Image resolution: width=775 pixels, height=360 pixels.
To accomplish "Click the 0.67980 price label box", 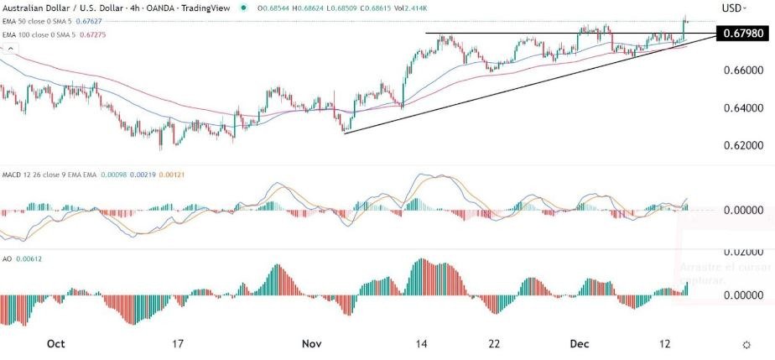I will (742, 33).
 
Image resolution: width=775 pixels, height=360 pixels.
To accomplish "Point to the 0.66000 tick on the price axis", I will (742, 71).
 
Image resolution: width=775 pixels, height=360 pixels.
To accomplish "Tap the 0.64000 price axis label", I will (742, 108).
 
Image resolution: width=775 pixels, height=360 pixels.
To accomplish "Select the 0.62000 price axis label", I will (742, 146).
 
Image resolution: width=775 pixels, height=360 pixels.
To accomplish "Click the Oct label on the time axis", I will (56, 344).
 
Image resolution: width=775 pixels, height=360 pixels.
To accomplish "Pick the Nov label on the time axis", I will (312, 344).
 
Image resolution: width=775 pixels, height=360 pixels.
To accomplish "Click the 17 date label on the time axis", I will (176, 344).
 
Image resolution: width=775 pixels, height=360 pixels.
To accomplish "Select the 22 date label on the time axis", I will (495, 344).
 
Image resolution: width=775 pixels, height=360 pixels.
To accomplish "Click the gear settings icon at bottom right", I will (746, 345).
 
